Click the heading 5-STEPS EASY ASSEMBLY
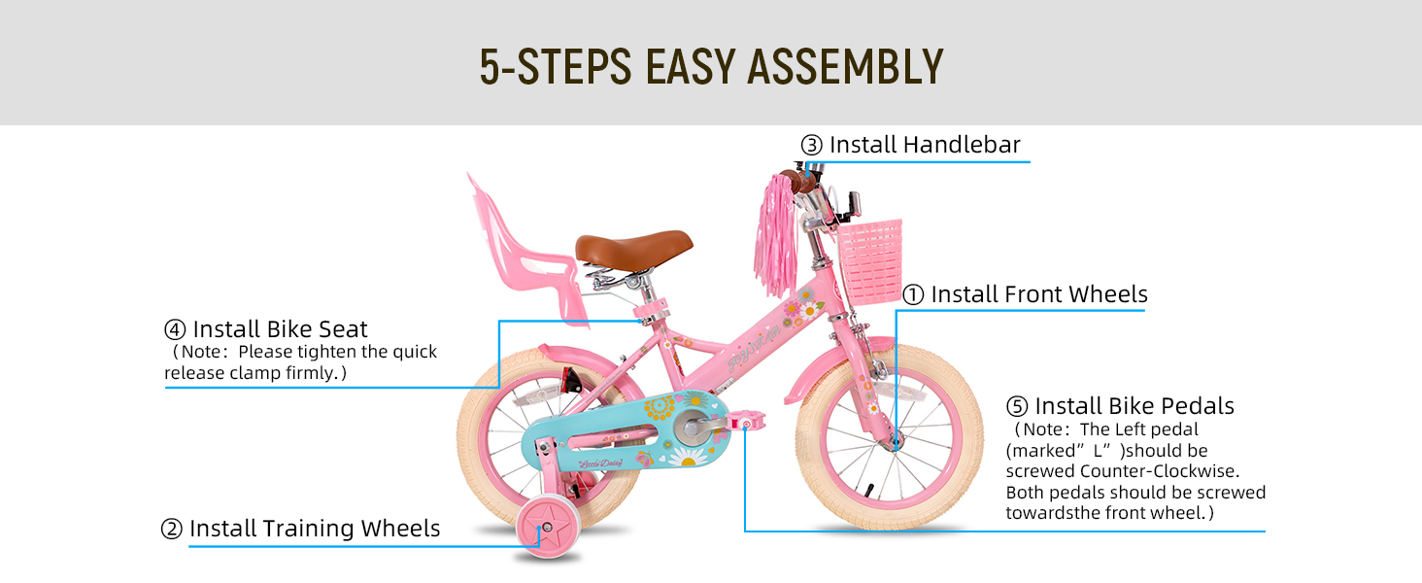[x=711, y=66]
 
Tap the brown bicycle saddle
[x=633, y=246]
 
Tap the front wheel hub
[x=891, y=440]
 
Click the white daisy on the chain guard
[x=689, y=454]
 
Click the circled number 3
[x=811, y=146]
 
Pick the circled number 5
[x=1017, y=406]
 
